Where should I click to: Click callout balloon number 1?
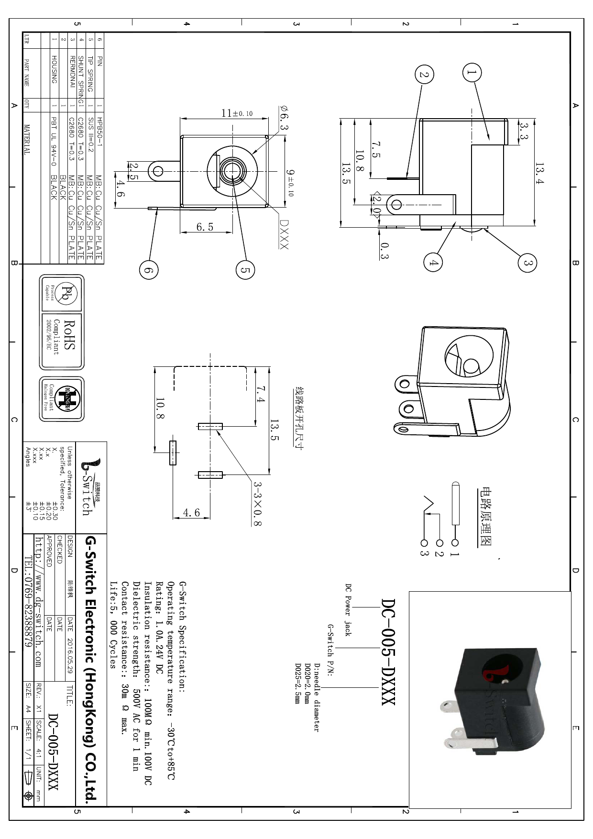[x=472, y=73]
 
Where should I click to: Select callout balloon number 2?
[x=424, y=75]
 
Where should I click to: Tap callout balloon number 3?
[x=527, y=263]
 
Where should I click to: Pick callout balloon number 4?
[x=433, y=262]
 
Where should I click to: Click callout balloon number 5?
[x=245, y=270]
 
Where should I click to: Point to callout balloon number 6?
[x=149, y=270]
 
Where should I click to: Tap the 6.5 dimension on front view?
[x=205, y=227]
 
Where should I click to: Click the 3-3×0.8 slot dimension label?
[x=257, y=504]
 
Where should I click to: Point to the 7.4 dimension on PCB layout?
[x=260, y=395]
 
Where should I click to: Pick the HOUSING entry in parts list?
[x=55, y=69]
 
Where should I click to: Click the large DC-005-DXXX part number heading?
[x=388, y=651]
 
